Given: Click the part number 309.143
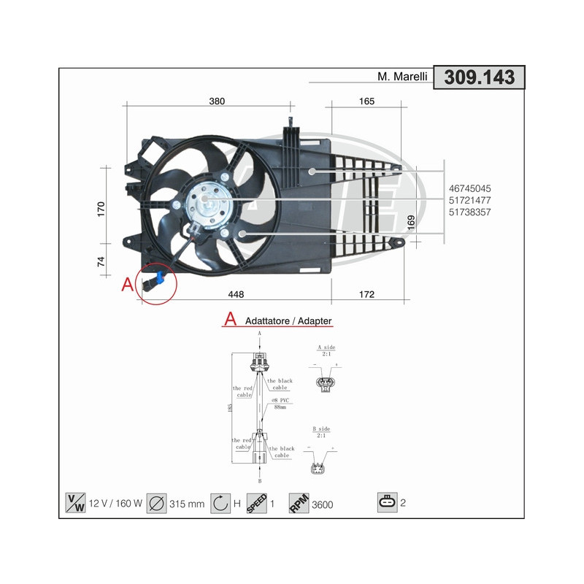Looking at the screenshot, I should tap(479, 77).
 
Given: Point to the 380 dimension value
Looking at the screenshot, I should tap(217, 101).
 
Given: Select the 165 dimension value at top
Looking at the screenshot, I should tap(366, 101).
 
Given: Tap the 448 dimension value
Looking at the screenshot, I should tap(235, 294).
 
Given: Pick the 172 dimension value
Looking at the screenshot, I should tap(366, 294).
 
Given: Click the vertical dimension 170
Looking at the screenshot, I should tap(101, 209).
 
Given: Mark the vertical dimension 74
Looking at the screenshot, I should tap(101, 261).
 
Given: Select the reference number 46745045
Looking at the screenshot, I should tap(475, 188).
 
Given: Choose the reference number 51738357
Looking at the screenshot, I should tap(475, 212).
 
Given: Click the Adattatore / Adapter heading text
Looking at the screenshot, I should tap(288, 320).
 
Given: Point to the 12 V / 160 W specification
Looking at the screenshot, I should tap(114, 504).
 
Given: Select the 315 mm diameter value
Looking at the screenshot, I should tap(186, 504).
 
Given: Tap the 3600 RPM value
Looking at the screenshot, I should tap(322, 504).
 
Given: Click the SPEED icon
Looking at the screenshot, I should tap(256, 502).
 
